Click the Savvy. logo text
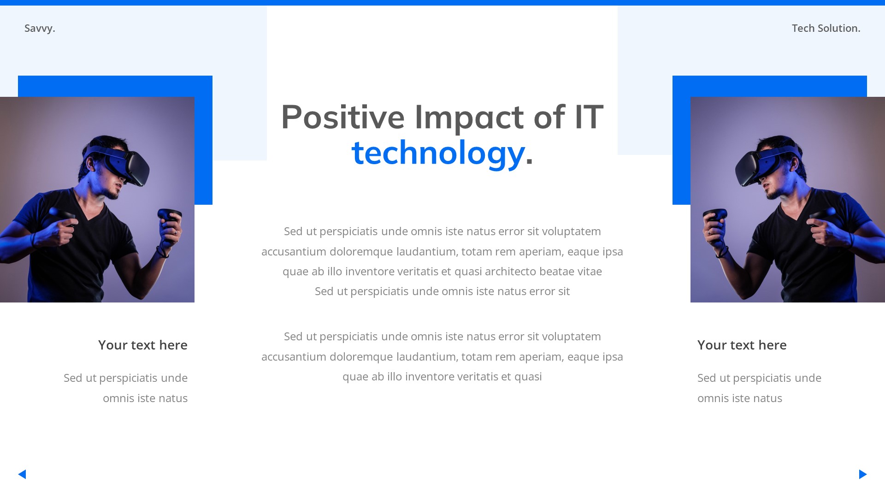(40, 29)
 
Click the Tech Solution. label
(826, 29)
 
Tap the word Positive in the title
(342, 117)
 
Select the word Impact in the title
(469, 117)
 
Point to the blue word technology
(438, 153)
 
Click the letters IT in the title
(589, 117)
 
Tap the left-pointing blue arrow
(22, 474)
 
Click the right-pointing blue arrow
(863, 474)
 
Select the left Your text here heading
(142, 345)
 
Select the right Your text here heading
(742, 345)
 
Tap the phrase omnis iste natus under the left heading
(145, 398)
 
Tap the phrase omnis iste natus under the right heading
(739, 398)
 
